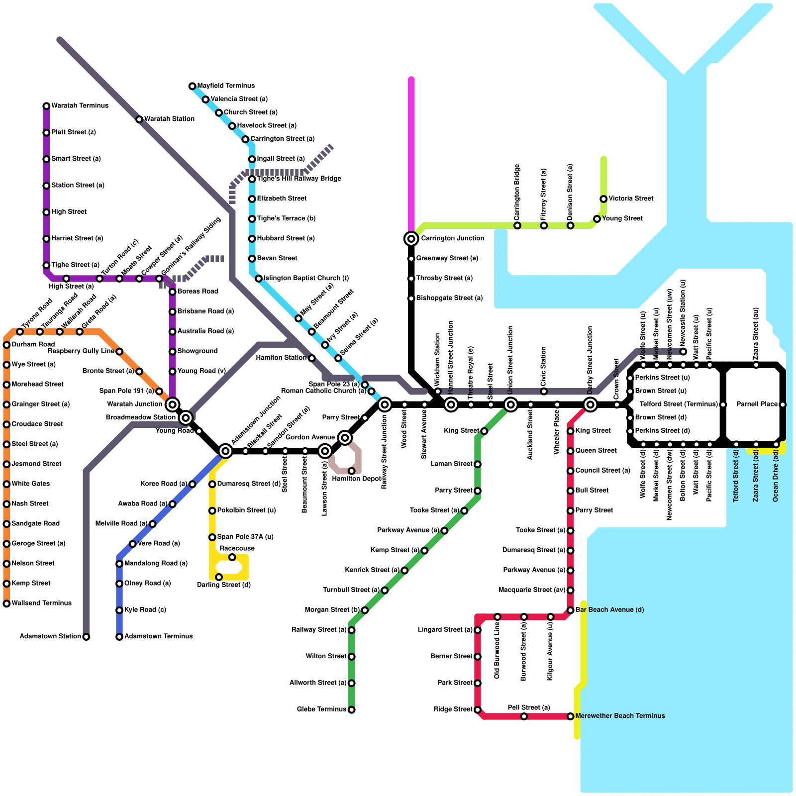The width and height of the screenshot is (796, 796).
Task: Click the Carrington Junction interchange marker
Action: (411, 239)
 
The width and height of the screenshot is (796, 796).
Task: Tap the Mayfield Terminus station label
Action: (226, 86)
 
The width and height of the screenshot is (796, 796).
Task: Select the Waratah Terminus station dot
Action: (46, 106)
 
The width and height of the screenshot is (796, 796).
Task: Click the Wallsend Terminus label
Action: (41, 603)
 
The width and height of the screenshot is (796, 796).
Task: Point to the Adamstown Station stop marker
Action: (86, 637)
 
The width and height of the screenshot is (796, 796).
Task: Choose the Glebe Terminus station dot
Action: (352, 710)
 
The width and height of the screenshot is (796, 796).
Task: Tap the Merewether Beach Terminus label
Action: (620, 716)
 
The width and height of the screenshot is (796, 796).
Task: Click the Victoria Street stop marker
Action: (603, 199)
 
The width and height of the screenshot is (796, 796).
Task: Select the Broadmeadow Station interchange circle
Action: (186, 417)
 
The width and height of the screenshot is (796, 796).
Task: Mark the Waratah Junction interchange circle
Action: (172, 404)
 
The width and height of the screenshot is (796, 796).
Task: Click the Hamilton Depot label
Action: (357, 479)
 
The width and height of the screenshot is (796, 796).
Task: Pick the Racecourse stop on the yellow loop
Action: (232, 557)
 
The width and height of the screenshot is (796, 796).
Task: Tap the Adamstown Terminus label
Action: (158, 636)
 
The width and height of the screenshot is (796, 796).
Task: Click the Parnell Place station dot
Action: (783, 404)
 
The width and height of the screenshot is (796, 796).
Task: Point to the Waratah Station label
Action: (169, 119)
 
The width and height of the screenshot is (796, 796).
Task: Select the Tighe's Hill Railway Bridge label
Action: (299, 179)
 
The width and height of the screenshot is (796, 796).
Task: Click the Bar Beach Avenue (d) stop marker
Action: (571, 610)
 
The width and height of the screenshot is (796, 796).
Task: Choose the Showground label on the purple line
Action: (198, 351)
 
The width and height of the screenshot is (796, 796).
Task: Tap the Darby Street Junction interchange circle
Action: (591, 404)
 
